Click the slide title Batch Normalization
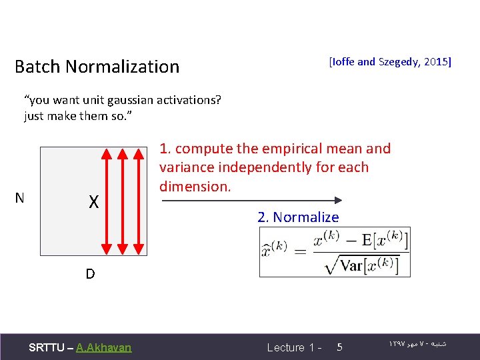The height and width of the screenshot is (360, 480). (x=97, y=67)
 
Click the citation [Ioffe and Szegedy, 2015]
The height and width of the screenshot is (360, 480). (x=390, y=62)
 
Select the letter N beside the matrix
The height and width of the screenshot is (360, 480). (x=20, y=198)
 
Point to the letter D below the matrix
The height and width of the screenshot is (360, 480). (x=89, y=274)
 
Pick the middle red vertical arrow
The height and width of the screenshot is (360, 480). (x=121, y=201)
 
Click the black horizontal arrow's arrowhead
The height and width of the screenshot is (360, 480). (x=338, y=199)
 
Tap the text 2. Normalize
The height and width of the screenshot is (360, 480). (x=298, y=217)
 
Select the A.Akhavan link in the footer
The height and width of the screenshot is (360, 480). (x=104, y=347)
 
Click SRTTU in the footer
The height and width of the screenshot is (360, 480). (x=47, y=347)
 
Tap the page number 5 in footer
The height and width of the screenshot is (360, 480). (x=339, y=347)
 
